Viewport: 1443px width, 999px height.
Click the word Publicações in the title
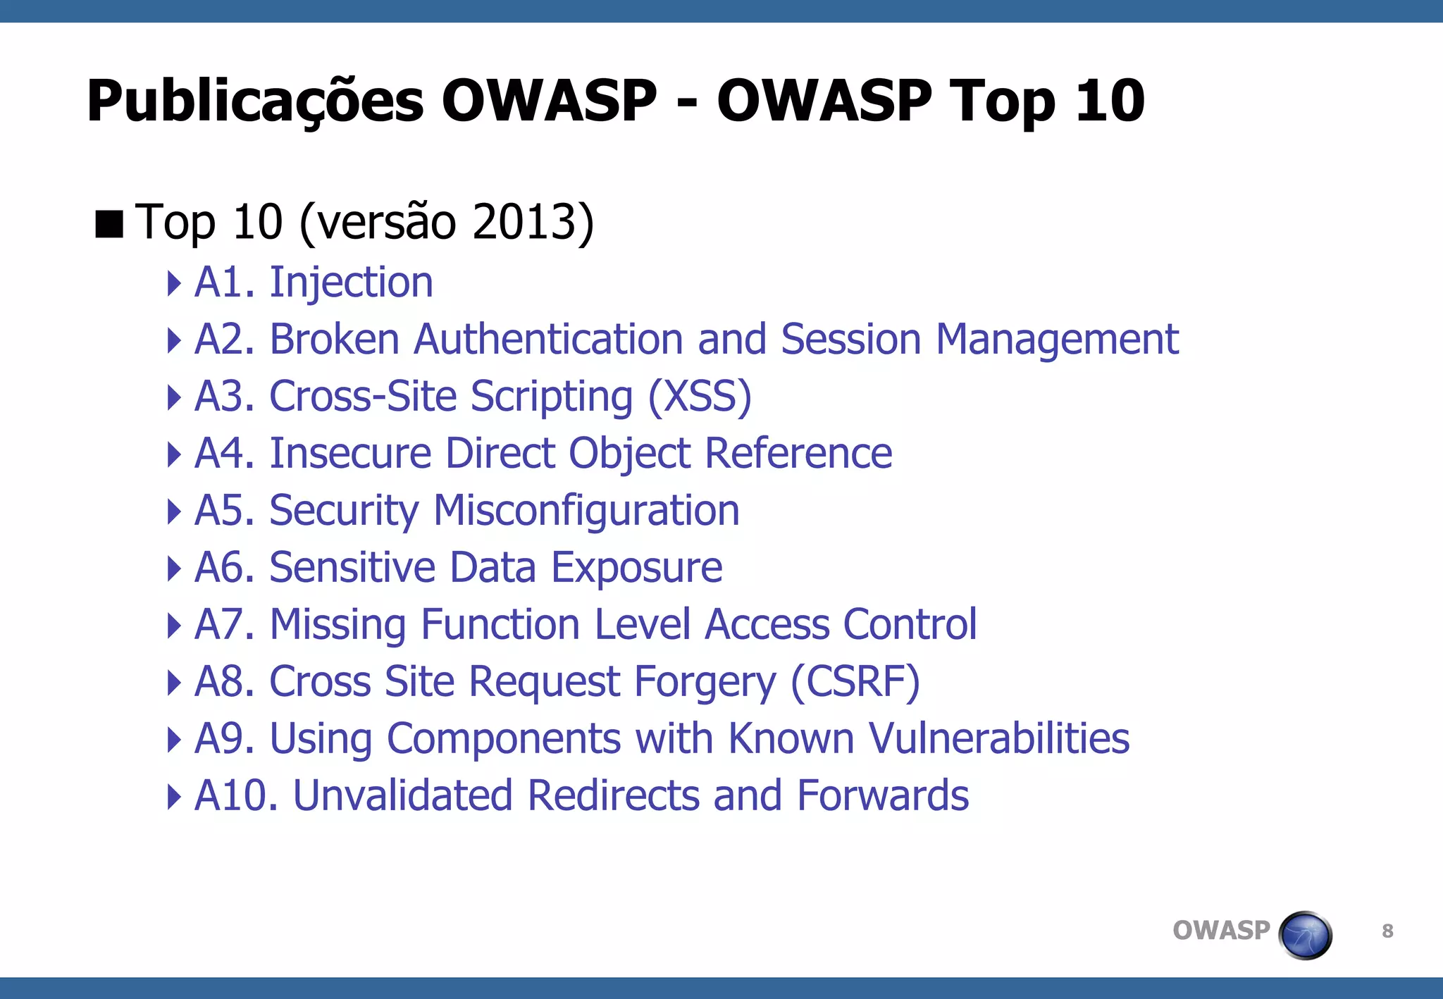[255, 102]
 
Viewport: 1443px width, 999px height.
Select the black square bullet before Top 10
[109, 224]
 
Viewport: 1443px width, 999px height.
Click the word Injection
[351, 283]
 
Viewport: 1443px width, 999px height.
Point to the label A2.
[224, 340]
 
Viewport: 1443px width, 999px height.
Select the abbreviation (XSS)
[700, 397]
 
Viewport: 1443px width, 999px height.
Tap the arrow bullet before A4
[173, 454]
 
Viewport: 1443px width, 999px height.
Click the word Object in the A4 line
[629, 453]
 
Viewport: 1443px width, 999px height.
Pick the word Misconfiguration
[586, 511]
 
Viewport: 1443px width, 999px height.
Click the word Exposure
[636, 568]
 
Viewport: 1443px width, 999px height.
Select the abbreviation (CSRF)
[855, 682]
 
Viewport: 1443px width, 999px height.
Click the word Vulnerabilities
[998, 739]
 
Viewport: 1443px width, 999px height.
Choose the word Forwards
[883, 796]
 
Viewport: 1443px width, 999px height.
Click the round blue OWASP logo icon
[1305, 935]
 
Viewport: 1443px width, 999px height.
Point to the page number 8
[1387, 931]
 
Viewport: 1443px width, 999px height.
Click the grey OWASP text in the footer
[1220, 931]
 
